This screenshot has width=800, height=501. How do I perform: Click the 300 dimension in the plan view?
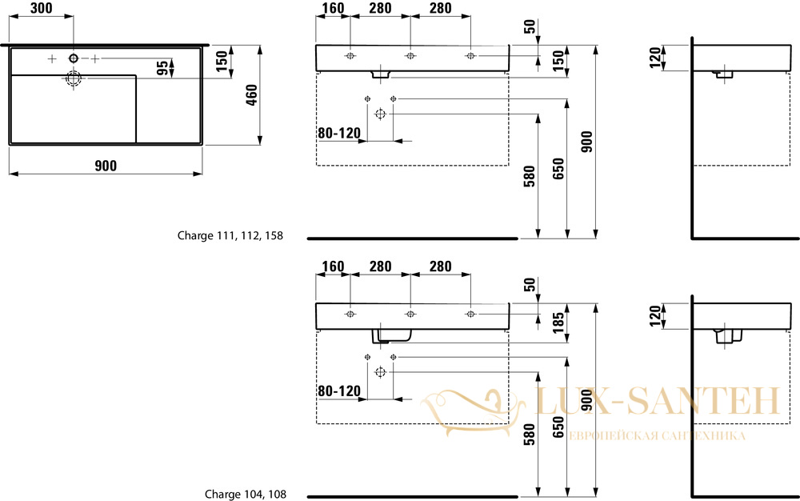[42, 8]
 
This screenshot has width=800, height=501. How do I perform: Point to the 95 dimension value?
[162, 68]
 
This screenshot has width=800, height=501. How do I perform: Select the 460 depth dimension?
[252, 95]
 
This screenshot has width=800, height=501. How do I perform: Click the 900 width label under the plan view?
[106, 166]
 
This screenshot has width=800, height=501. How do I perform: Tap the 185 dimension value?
[558, 323]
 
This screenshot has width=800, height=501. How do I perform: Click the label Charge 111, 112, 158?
[230, 236]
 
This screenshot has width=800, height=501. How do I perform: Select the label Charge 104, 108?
[246, 494]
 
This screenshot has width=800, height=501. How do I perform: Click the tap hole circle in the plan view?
[74, 58]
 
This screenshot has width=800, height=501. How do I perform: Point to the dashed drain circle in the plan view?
[74, 78]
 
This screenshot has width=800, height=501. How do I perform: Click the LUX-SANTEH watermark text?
[658, 401]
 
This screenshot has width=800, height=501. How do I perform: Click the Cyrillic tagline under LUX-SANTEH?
[657, 435]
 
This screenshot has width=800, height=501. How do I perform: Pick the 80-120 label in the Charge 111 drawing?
[339, 133]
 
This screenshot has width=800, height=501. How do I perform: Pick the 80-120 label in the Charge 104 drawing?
[339, 391]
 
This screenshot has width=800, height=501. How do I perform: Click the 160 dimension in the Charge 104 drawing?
[333, 267]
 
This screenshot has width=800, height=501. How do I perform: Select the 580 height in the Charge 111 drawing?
[530, 176]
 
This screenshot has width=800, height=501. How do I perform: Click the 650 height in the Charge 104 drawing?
[558, 427]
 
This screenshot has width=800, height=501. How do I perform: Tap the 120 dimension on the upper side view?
[656, 57]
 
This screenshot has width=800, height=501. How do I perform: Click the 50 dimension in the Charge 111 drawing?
[530, 26]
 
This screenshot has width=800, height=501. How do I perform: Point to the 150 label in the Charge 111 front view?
[558, 61]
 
